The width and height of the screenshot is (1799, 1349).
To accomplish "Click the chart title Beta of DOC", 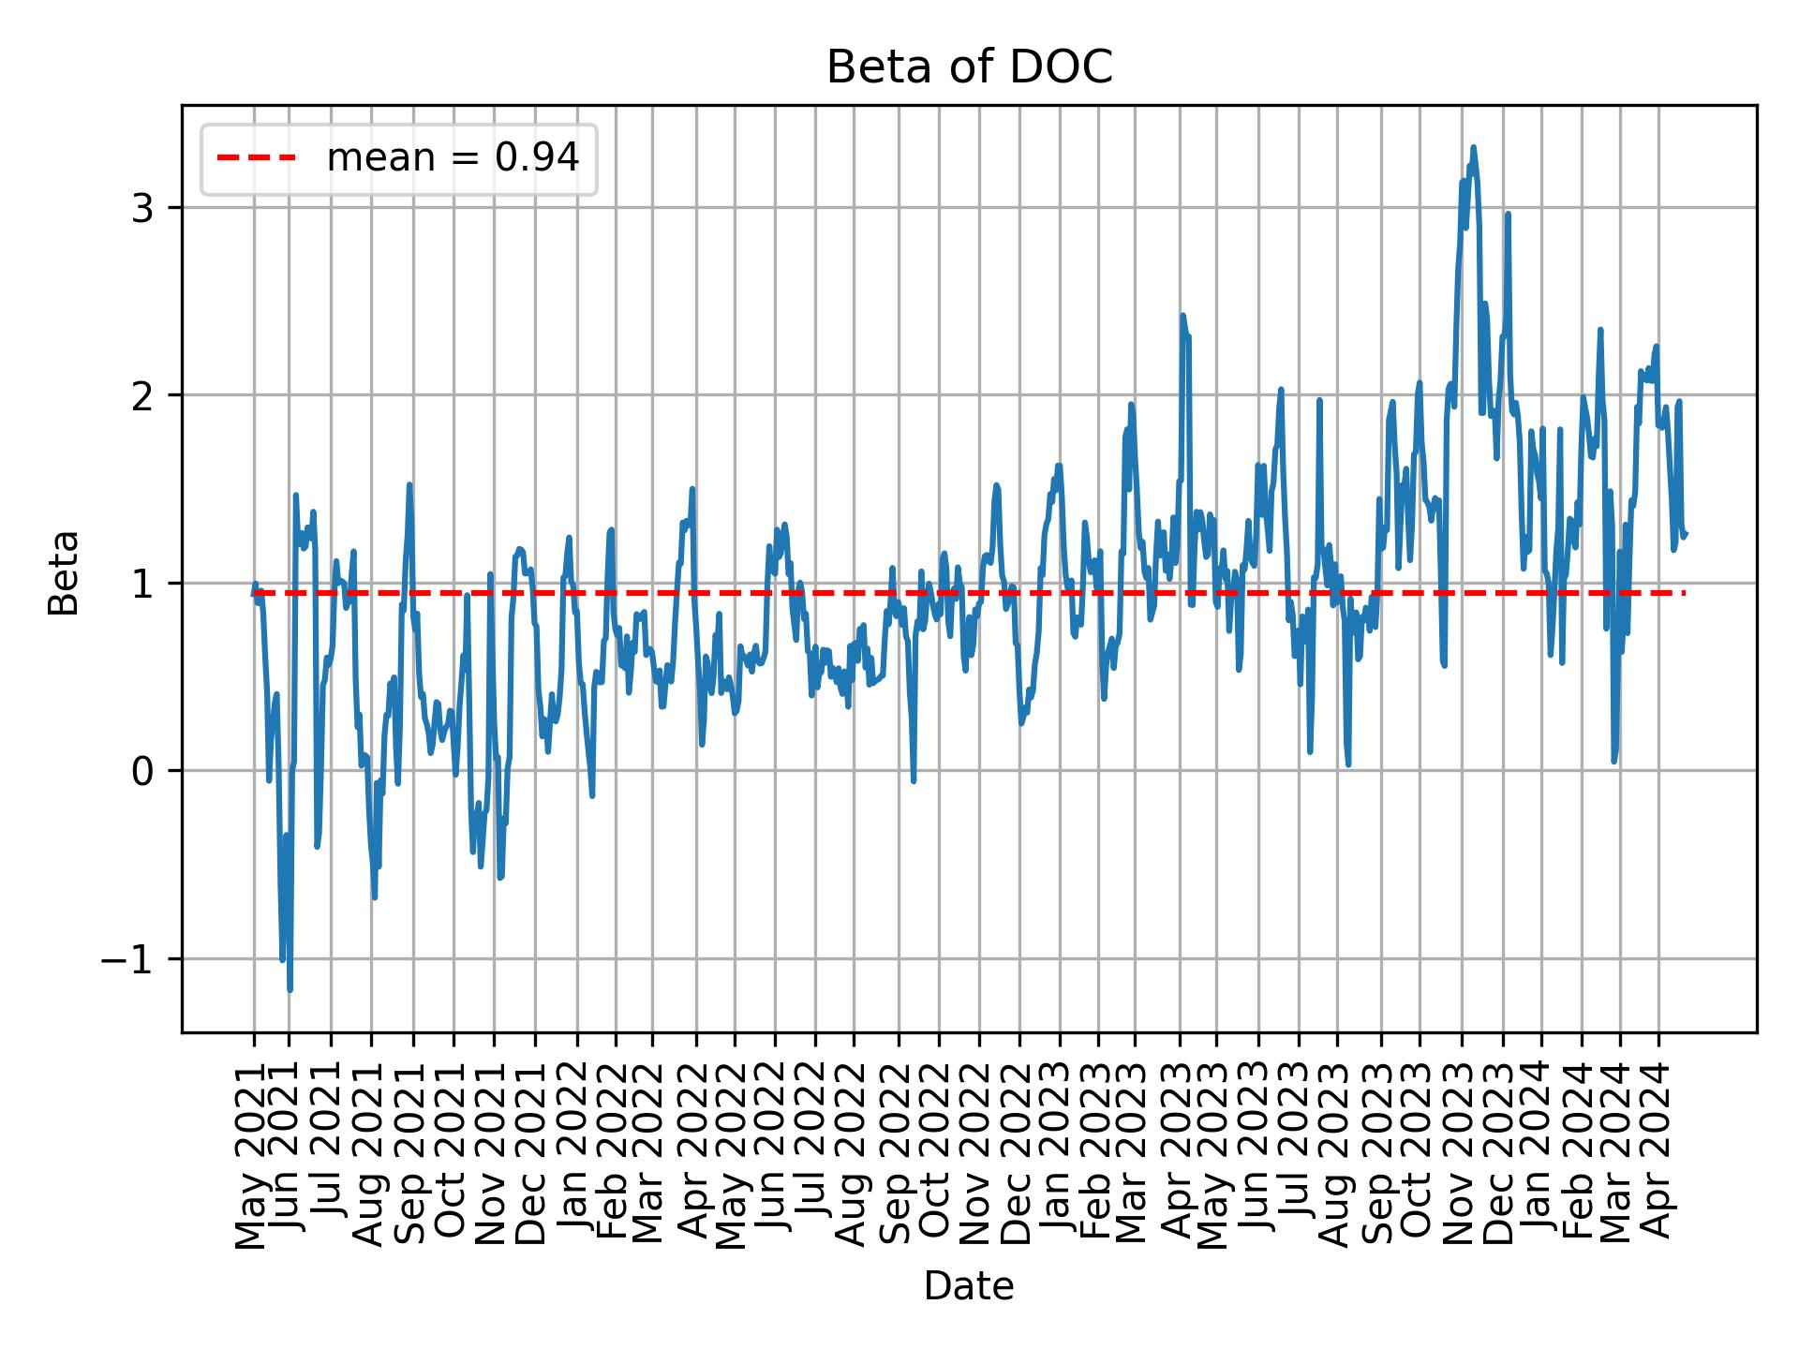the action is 969,67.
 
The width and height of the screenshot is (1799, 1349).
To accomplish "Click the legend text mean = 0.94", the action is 453,158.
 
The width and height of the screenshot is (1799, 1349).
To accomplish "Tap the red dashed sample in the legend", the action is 257,158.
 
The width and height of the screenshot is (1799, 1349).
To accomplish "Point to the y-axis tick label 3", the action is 143,208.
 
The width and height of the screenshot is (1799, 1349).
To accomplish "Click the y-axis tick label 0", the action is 143,772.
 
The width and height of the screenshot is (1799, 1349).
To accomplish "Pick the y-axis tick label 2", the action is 143,395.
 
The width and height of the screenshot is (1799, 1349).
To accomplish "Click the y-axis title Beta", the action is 64,572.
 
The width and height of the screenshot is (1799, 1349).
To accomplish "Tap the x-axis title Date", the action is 969,1286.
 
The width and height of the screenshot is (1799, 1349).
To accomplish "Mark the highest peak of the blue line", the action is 1473,147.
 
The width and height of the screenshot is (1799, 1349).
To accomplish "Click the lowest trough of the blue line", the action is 290,989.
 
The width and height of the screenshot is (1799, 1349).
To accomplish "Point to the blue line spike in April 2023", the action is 1182,316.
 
